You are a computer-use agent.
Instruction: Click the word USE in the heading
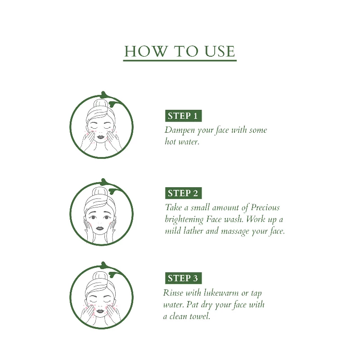(220, 51)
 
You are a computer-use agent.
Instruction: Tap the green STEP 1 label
(183, 116)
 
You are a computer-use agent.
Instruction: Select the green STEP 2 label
(183, 193)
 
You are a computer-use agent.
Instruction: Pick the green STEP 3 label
(183, 278)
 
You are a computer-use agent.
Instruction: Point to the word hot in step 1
(171, 141)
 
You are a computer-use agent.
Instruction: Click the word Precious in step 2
(265, 207)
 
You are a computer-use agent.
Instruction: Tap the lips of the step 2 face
(100, 228)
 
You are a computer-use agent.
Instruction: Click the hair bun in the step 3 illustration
(100, 275)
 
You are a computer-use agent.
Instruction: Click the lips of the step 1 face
(100, 137)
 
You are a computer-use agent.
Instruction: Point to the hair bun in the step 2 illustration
(100, 191)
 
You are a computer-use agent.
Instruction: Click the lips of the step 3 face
(100, 311)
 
